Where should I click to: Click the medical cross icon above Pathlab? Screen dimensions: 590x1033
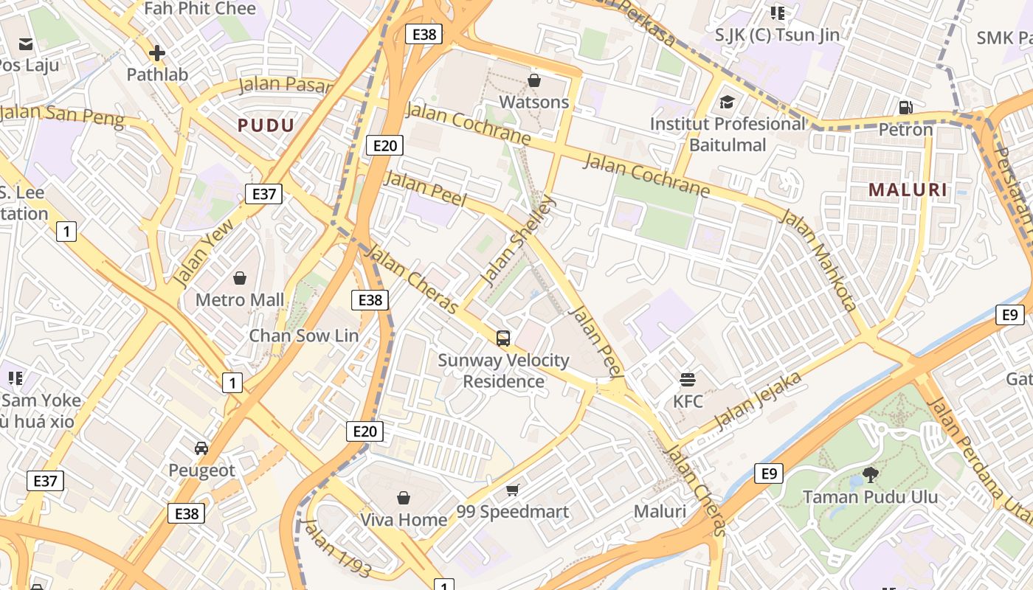pos(156,53)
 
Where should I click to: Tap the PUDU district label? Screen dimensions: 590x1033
pos(266,125)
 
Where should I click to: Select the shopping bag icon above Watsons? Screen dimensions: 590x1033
pos(534,80)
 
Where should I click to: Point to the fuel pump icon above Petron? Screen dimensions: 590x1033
pos(905,108)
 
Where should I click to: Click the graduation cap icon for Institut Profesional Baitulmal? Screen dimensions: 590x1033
pos(728,102)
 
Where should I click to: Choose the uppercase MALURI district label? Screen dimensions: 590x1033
pos(908,190)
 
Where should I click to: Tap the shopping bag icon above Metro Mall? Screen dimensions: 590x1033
pos(239,278)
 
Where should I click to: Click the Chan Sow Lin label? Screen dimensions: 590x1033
pos(303,336)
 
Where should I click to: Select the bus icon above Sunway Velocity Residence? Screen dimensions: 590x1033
pos(503,339)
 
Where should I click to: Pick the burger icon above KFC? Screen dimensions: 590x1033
pos(688,380)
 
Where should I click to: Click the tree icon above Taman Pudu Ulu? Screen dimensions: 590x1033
pos(870,475)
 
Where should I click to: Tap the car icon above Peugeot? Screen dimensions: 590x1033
pos(201,448)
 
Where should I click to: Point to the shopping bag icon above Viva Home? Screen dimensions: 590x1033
pos(403,498)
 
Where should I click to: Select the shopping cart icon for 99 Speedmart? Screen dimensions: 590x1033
pos(512,490)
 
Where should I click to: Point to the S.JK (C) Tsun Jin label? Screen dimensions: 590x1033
pos(777,35)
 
